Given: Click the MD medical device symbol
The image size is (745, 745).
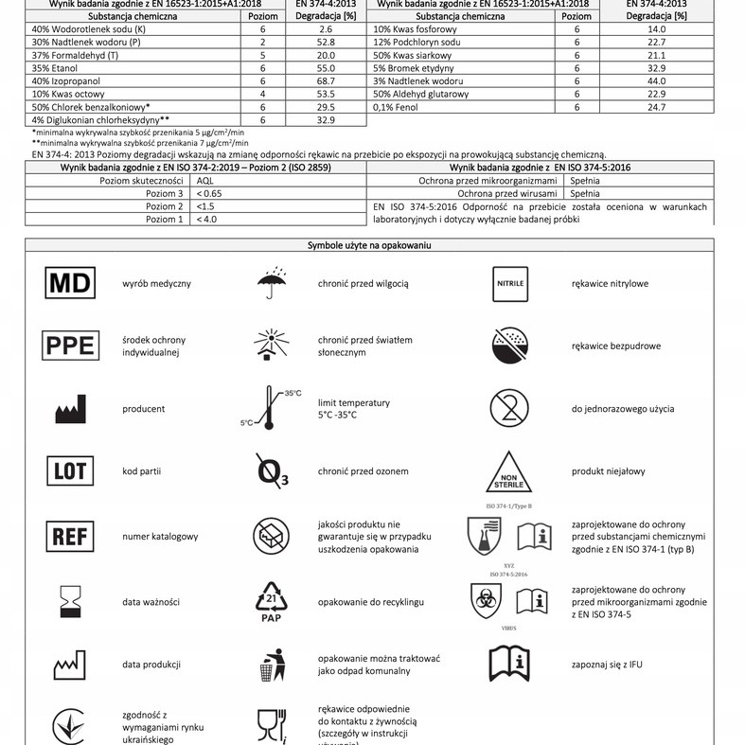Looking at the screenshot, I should (x=71, y=283).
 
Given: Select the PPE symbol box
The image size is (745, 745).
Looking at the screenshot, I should (x=71, y=346).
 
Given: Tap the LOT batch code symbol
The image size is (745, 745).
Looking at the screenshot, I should (x=71, y=470).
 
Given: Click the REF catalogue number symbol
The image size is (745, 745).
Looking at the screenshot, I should (x=71, y=536).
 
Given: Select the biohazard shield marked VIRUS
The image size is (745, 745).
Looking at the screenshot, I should (x=486, y=600).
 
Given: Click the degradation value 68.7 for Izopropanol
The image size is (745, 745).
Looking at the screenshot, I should (x=326, y=82).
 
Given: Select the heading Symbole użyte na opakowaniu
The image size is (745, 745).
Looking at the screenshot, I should (x=369, y=245).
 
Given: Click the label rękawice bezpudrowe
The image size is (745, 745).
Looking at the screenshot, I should (x=616, y=346).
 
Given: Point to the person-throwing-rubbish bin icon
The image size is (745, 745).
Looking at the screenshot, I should (x=272, y=664).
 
